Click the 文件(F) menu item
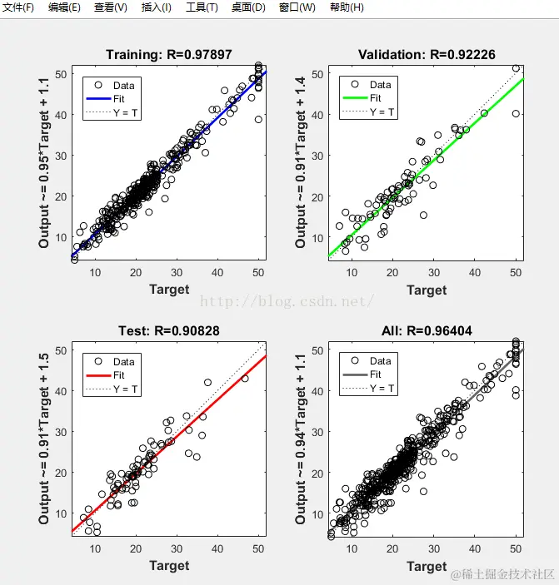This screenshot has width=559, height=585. tap(18, 7)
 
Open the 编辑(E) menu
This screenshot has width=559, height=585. tap(64, 7)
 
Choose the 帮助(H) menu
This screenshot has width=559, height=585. tap(347, 7)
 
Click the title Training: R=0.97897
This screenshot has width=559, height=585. tap(168, 55)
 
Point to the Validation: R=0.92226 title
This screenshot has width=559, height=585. tap(427, 55)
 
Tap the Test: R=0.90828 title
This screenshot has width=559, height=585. tap(168, 331)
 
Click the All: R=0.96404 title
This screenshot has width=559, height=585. tap(427, 331)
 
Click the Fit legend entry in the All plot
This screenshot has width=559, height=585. tap(376, 374)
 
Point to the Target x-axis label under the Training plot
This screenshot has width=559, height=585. tap(169, 290)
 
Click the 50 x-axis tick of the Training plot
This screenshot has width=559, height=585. tap(258, 273)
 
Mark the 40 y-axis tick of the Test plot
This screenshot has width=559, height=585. tap(60, 391)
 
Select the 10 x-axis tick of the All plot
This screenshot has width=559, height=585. tap(352, 549)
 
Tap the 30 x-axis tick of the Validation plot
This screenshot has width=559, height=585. tap(434, 273)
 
